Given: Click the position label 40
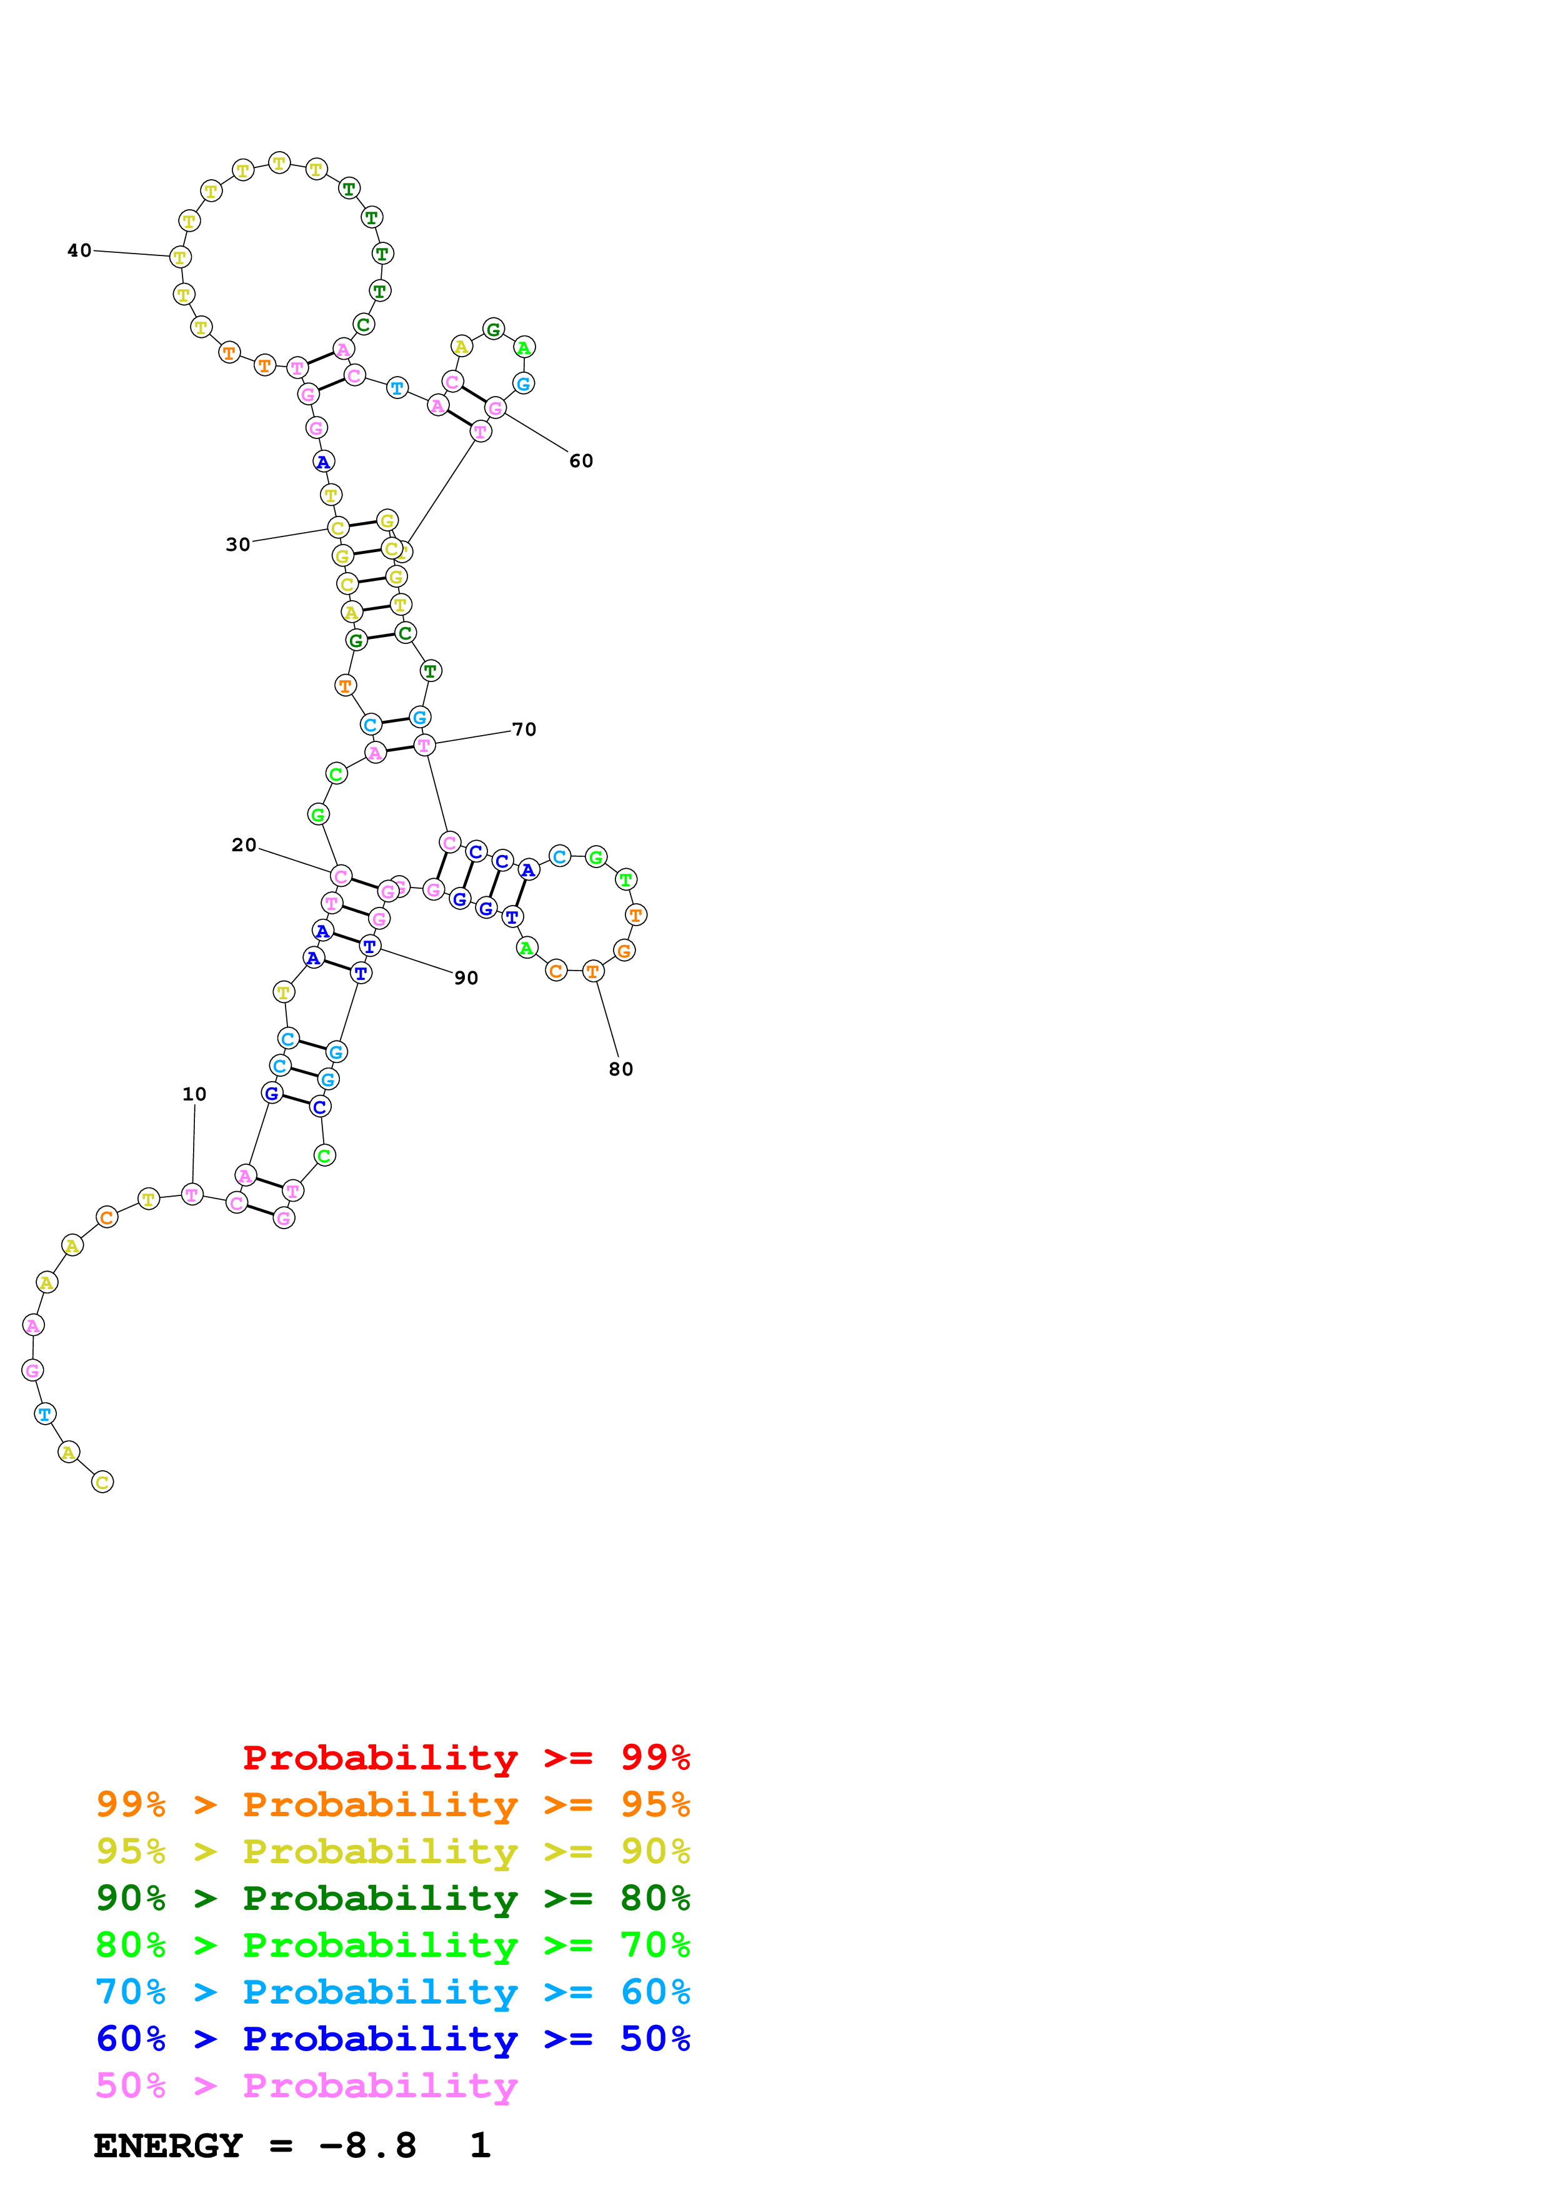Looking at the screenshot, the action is (x=79, y=251).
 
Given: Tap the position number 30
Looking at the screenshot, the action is (x=237, y=545).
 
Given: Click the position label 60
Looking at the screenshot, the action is (x=580, y=462).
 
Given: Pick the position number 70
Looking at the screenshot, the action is (x=524, y=730).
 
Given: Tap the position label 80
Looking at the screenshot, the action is (x=620, y=1070).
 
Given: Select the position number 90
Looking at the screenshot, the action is (x=466, y=978).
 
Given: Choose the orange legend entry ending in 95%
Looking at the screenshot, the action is (x=392, y=1804).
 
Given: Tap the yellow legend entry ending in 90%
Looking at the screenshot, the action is (x=392, y=1851).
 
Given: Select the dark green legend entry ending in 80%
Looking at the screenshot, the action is (x=392, y=1898).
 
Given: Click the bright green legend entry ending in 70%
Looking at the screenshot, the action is (x=392, y=1945).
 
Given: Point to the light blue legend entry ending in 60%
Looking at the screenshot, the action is (x=392, y=1992).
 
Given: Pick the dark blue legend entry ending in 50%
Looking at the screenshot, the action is (x=392, y=2039).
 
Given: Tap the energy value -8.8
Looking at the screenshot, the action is (x=367, y=2146).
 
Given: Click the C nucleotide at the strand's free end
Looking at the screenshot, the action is (x=102, y=1482).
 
